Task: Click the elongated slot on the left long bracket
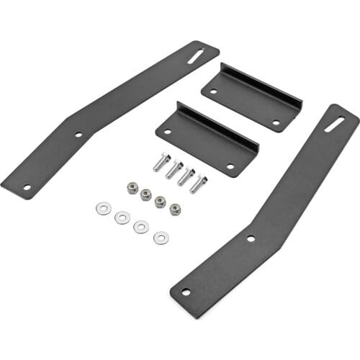point(196,55)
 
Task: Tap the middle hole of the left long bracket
point(79,135)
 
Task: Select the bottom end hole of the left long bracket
point(27,188)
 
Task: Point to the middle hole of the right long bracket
point(250,238)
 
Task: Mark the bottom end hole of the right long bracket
point(186,292)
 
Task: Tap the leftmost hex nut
point(132,188)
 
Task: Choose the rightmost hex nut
point(175,209)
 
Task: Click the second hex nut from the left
point(146,194)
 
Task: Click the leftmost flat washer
point(102,209)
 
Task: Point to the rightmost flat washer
point(161,238)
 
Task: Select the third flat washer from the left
point(141,227)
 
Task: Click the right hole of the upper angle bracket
point(276,122)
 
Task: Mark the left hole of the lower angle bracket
point(168,132)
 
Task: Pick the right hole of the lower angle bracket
point(230,166)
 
